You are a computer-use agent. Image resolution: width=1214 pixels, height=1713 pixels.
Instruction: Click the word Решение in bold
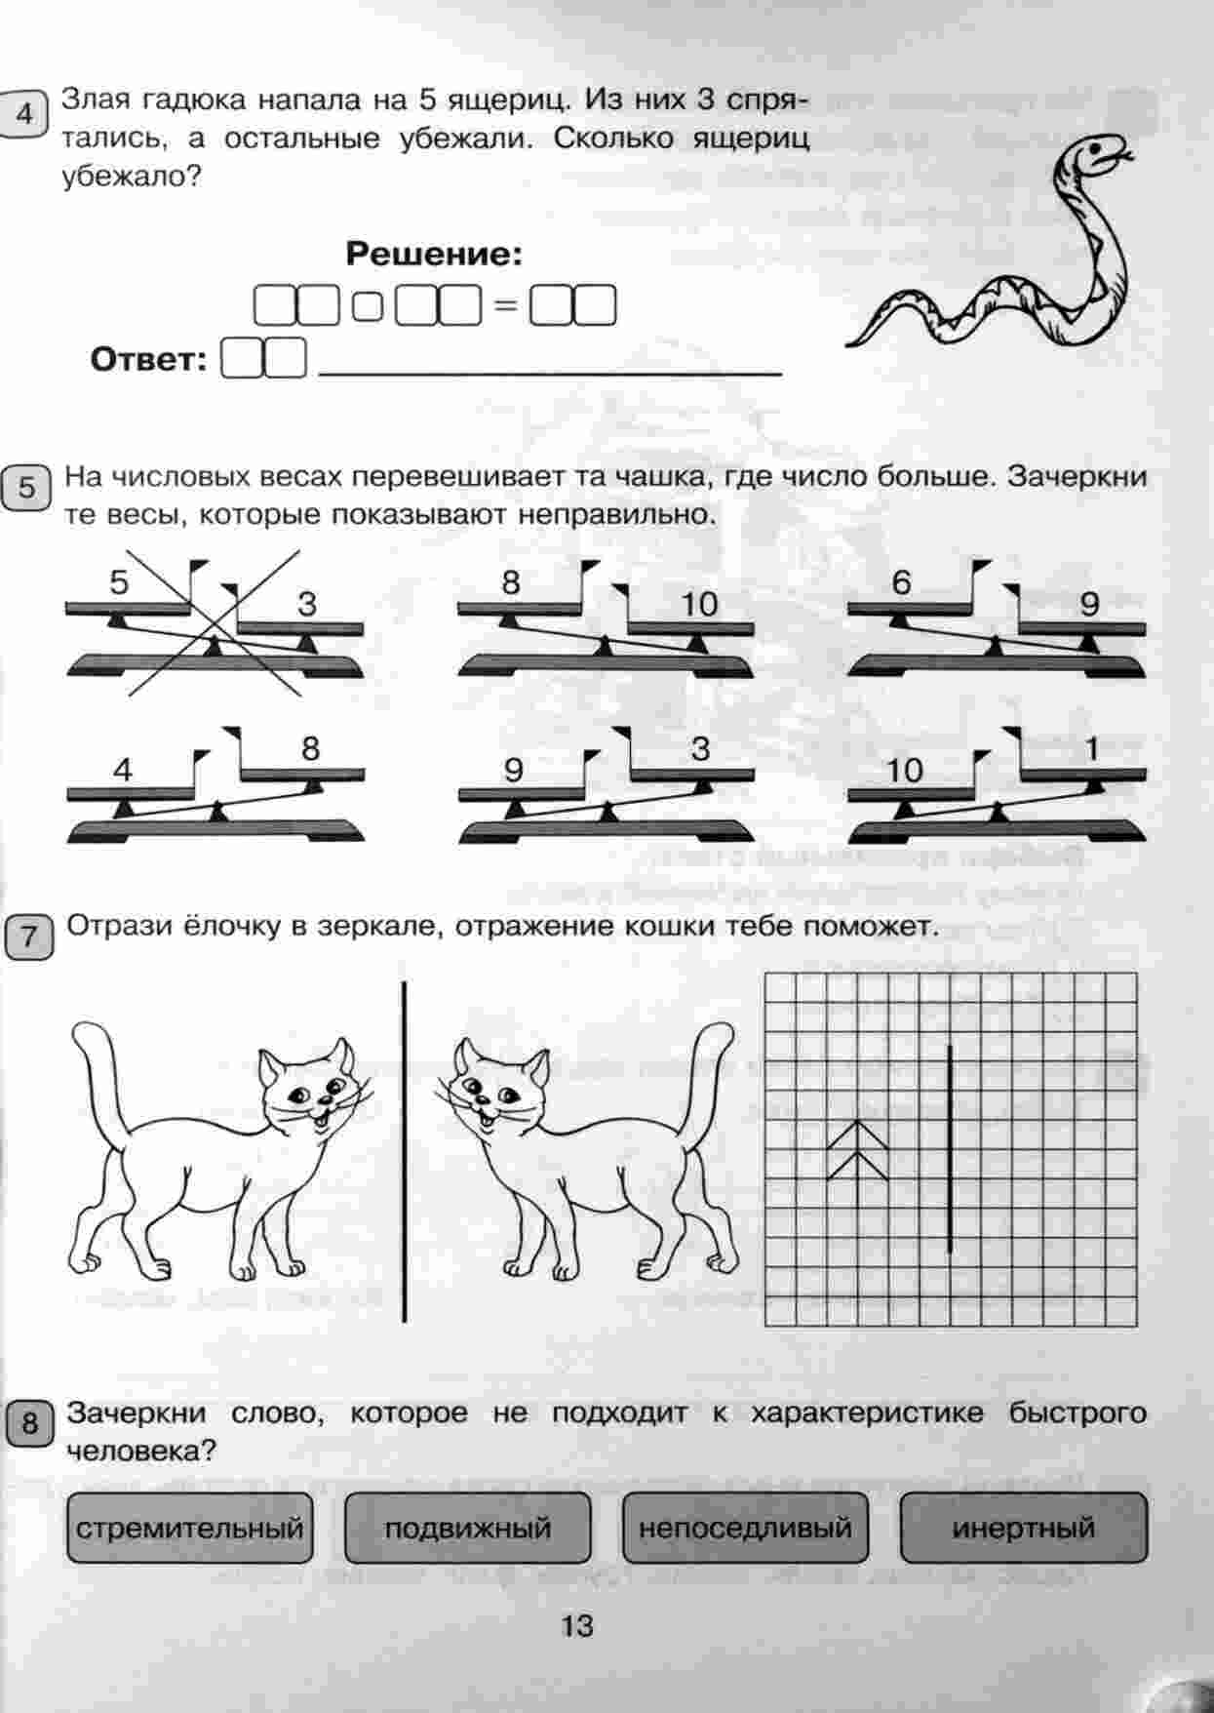tap(434, 256)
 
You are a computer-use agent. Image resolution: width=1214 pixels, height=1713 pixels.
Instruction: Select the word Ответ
tap(149, 360)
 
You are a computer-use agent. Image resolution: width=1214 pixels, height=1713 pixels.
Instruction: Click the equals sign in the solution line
tap(505, 305)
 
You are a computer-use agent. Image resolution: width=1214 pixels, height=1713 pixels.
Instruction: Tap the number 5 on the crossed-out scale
tap(119, 583)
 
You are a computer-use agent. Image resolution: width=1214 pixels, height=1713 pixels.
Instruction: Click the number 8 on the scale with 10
tap(511, 583)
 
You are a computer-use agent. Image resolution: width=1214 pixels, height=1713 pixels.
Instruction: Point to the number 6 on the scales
tap(902, 583)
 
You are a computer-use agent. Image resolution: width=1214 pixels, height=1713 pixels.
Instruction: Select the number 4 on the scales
tap(122, 771)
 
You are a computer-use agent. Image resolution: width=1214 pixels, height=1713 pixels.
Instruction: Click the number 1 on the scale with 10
tap(1092, 749)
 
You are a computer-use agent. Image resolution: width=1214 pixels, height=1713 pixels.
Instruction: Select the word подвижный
tap(468, 1528)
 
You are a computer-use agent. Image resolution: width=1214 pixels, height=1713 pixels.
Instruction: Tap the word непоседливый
tap(745, 1528)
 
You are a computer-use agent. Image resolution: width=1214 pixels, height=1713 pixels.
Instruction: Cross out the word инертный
tap(1024, 1528)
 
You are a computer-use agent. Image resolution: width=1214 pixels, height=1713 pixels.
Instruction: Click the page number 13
tap(576, 1626)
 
